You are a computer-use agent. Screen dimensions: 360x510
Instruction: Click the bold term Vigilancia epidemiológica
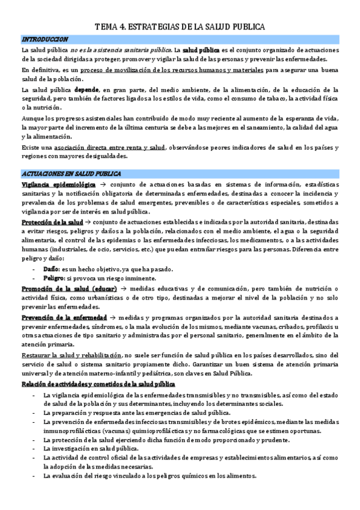[x=50, y=182]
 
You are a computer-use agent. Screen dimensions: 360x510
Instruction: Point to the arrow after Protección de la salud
[x=86, y=221]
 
